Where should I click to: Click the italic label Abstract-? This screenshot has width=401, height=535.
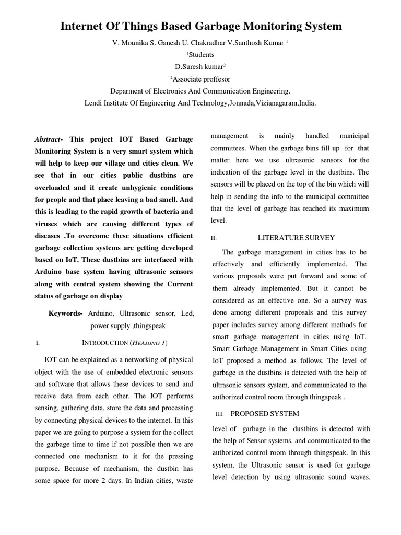pyautogui.click(x=49, y=139)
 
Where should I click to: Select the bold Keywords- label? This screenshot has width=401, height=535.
pyautogui.click(x=65, y=313)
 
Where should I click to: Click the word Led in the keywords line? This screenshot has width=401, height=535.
pyautogui.click(x=187, y=313)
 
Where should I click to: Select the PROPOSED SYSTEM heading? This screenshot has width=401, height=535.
pyautogui.click(x=265, y=414)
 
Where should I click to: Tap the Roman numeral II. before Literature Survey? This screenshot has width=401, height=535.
pyautogui.click(x=214, y=238)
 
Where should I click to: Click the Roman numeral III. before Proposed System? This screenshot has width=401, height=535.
pyautogui.click(x=219, y=414)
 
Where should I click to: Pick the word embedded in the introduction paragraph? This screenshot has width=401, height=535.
pyautogui.click(x=123, y=372)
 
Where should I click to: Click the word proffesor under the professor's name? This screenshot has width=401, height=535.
pyautogui.click(x=216, y=79)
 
